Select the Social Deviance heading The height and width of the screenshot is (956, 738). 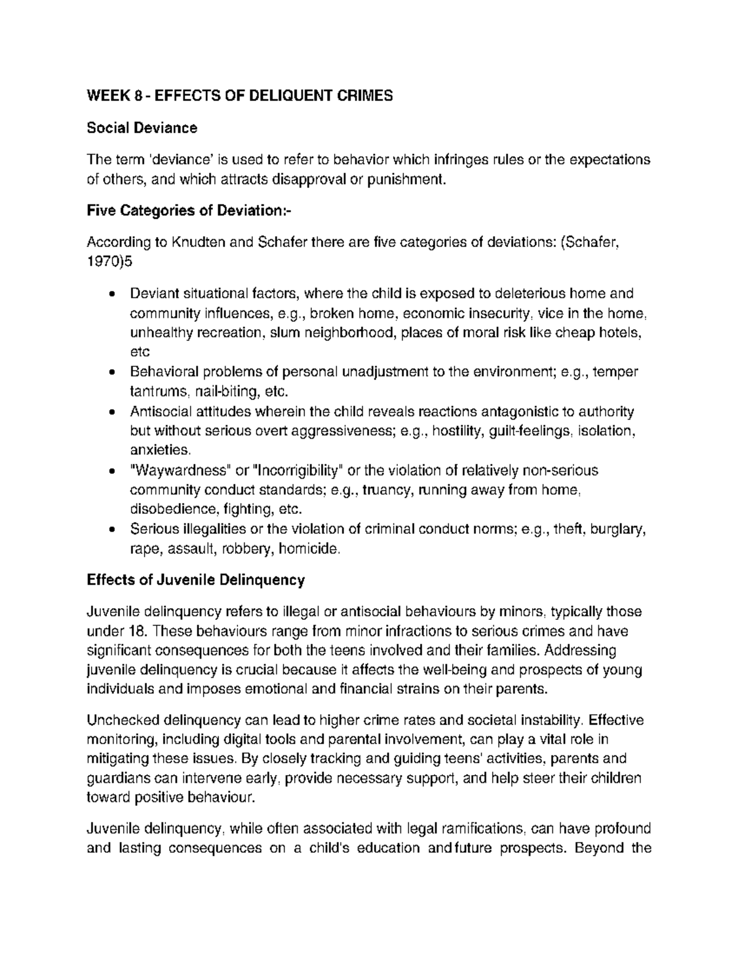point(142,128)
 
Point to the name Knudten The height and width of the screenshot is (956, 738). point(199,243)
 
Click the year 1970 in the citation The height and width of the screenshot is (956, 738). point(103,262)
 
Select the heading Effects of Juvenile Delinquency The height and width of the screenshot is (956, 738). point(196,580)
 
